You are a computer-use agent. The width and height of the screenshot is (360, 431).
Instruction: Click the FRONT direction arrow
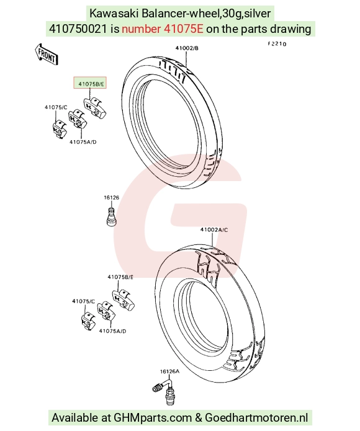pos(46,54)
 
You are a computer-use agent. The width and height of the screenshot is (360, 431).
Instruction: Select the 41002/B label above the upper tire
pos(187,48)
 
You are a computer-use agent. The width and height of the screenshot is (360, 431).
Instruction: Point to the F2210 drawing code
pos(277,44)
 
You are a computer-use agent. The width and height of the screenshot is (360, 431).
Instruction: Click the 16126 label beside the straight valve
pos(111,197)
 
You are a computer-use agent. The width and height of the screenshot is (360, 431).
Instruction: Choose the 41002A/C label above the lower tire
pos(214,229)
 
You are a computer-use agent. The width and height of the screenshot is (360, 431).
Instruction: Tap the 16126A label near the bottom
pos(169,371)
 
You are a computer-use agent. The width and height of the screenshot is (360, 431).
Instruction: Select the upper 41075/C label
pos(56,107)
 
